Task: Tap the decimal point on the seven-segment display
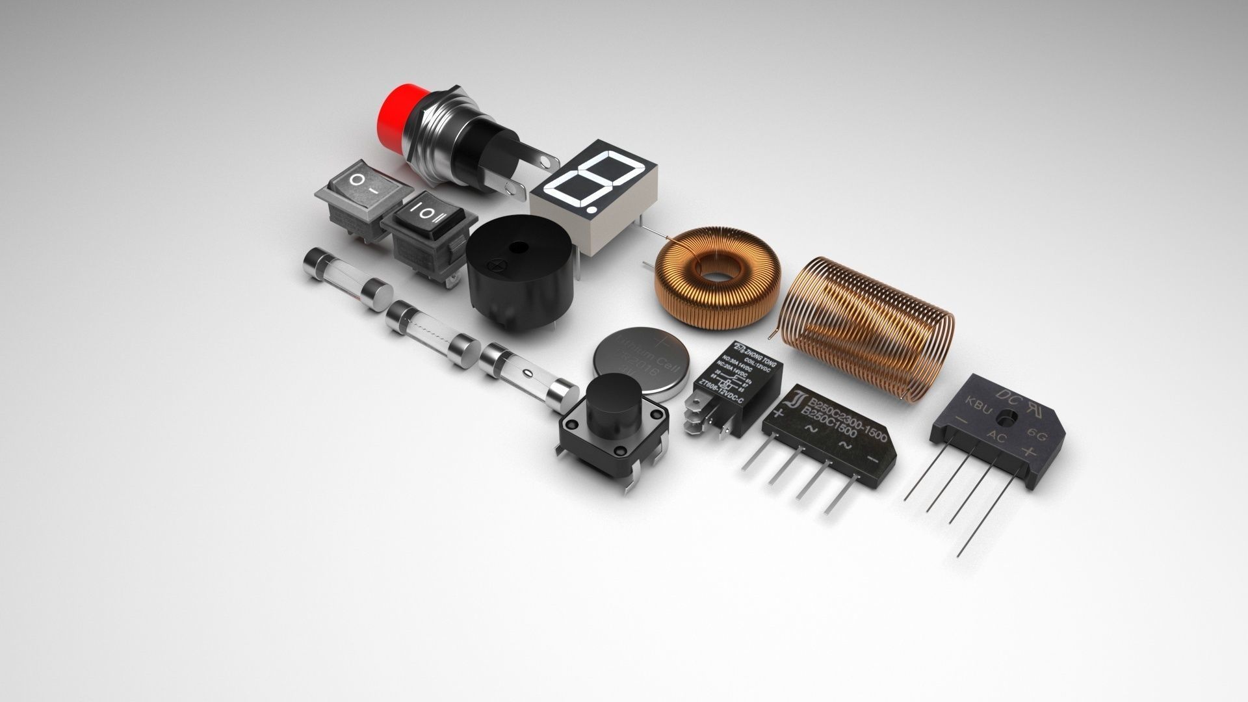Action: pyautogui.click(x=590, y=210)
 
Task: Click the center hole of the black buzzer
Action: pyautogui.click(x=518, y=247)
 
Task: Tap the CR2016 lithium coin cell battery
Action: pyautogui.click(x=640, y=363)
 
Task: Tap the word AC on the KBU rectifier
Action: pyautogui.click(x=996, y=437)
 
